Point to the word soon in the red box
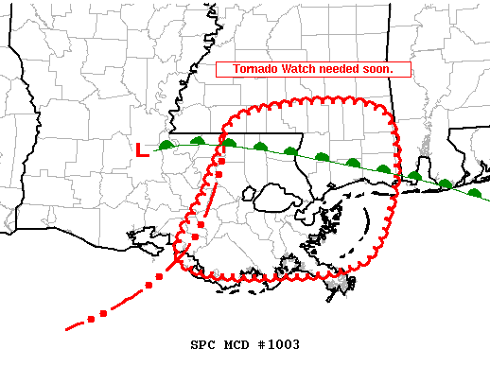(x=387, y=70)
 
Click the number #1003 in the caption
(x=279, y=344)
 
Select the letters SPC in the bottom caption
(x=201, y=344)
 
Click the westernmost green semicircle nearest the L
(x=167, y=145)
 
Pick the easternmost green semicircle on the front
(x=475, y=193)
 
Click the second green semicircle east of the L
(x=198, y=141)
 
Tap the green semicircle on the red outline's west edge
(x=229, y=143)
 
